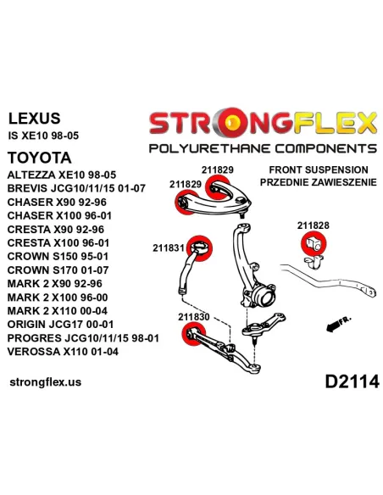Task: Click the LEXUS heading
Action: (x=34, y=118)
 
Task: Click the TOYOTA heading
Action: (x=40, y=158)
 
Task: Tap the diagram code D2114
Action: (x=352, y=381)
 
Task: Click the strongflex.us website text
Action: (x=46, y=381)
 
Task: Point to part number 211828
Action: (x=313, y=225)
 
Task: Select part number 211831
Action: (x=169, y=247)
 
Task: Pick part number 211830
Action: (x=194, y=317)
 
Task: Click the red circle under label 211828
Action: (x=314, y=243)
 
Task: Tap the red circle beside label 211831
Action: (x=199, y=248)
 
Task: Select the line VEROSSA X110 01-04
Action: (x=63, y=352)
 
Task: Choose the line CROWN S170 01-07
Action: (x=58, y=270)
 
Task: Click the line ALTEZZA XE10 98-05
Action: (x=62, y=175)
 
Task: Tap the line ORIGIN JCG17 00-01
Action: (x=60, y=325)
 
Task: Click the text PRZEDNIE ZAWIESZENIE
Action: (x=319, y=182)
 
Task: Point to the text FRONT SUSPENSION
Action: (x=319, y=170)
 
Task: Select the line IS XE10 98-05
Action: (x=43, y=136)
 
